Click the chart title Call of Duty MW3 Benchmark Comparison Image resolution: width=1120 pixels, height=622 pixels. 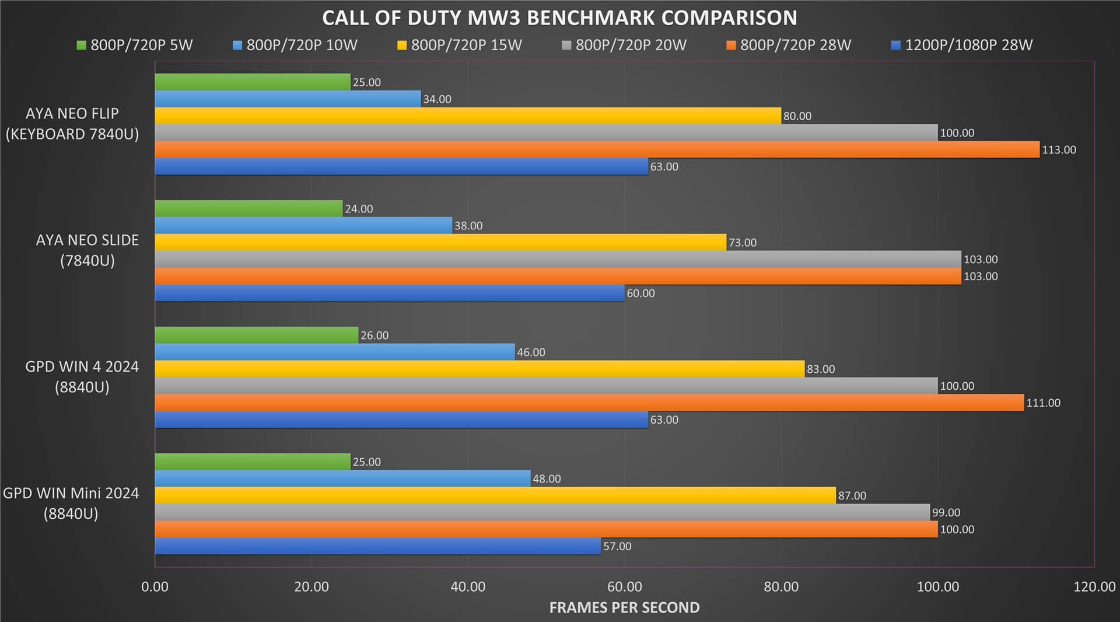pos(559,18)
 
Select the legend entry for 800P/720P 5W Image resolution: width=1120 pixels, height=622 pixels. pos(135,45)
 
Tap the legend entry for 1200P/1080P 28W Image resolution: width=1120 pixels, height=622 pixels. pos(962,45)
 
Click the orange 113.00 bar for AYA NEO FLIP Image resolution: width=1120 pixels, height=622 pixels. pos(597,149)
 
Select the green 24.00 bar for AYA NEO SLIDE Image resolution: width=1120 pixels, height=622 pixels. pos(249,208)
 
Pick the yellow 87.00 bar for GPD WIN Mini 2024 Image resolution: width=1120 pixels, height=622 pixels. pos(495,495)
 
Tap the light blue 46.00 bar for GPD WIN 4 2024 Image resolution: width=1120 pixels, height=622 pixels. pos(335,352)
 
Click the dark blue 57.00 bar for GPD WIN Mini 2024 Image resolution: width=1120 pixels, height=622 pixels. pos(377,546)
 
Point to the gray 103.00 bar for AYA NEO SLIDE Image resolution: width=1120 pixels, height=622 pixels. pos(558,259)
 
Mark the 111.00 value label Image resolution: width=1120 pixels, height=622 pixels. pos(1043,403)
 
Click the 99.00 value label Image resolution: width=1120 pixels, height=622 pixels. pos(946,513)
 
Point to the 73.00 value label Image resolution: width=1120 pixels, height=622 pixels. pos(742,243)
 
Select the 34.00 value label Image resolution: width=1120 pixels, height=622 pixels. pos(437,99)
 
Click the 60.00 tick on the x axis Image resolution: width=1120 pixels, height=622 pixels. pos(624,587)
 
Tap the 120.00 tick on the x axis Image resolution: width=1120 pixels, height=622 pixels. pos(1094,587)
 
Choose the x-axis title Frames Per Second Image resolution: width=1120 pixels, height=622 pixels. pos(624,608)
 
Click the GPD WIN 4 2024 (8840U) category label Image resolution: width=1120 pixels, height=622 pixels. pos(82,377)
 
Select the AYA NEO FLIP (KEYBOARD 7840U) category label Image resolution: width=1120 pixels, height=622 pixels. pos(72,124)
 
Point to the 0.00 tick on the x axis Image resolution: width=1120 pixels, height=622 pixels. pos(155,587)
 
